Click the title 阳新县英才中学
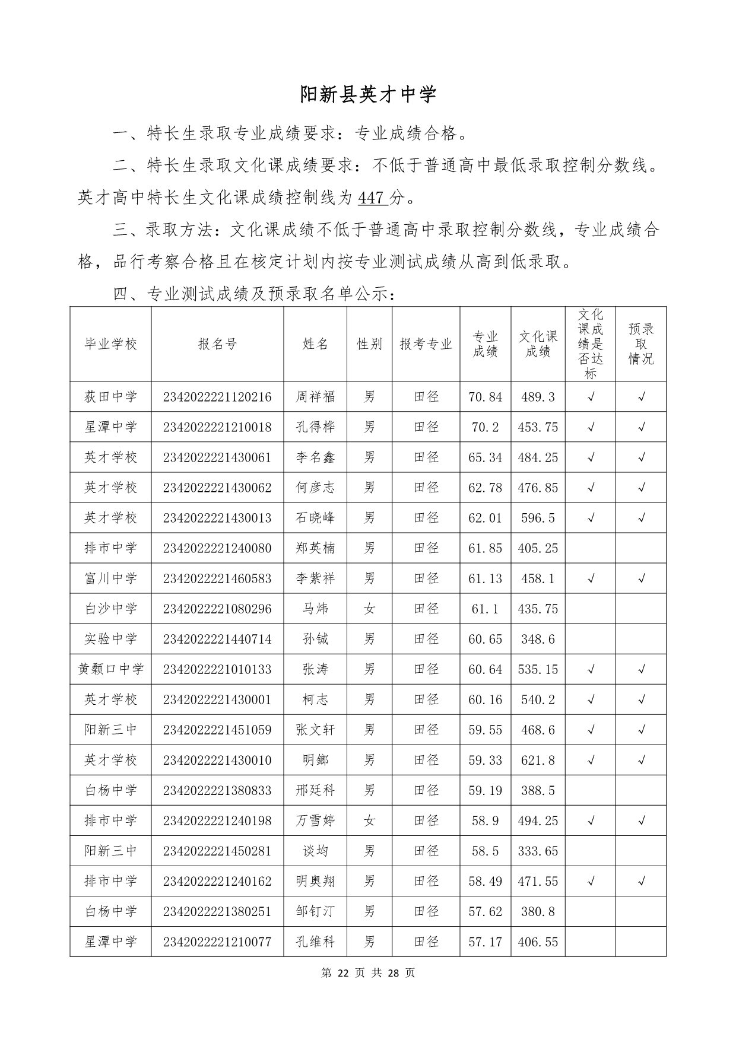point(368,94)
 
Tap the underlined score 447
point(373,198)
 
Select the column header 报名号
point(217,344)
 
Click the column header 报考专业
point(426,344)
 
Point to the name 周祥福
point(315,397)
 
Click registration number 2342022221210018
point(217,427)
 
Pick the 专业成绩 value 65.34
point(485,457)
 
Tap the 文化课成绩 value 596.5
point(538,518)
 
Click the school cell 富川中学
point(110,578)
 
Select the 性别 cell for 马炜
point(369,609)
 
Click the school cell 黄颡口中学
point(110,669)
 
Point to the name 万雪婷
point(315,820)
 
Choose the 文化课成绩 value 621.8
point(538,760)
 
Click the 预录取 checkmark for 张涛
point(641,669)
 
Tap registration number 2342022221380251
point(217,911)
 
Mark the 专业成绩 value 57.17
point(485,942)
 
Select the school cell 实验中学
point(110,639)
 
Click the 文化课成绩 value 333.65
point(538,851)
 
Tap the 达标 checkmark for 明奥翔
point(591,881)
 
